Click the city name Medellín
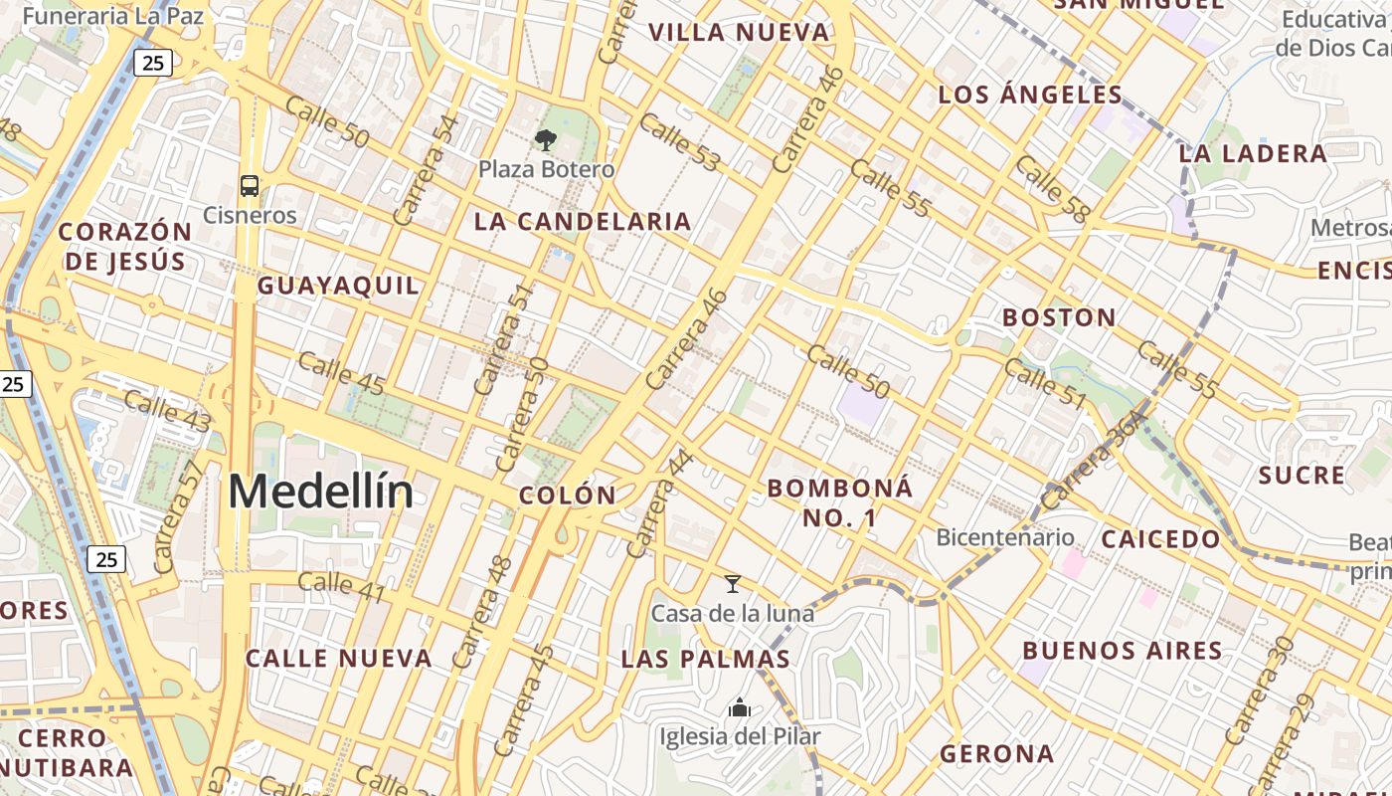click(320, 492)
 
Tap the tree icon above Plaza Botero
click(546, 140)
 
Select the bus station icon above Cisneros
click(250, 185)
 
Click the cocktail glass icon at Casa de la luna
click(733, 584)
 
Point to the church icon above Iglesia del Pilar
click(739, 708)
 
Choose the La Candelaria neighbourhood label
click(583, 221)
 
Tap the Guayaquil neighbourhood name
click(338, 286)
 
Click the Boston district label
click(1059, 317)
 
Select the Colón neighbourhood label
click(568, 495)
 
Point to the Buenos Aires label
click(1123, 651)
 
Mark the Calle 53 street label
click(680, 142)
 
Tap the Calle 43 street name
click(168, 412)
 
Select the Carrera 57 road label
click(179, 516)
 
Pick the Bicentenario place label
click(1005, 537)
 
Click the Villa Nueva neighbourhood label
click(739, 32)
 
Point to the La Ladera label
click(1253, 153)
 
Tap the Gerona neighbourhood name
click(997, 753)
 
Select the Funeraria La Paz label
click(113, 16)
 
